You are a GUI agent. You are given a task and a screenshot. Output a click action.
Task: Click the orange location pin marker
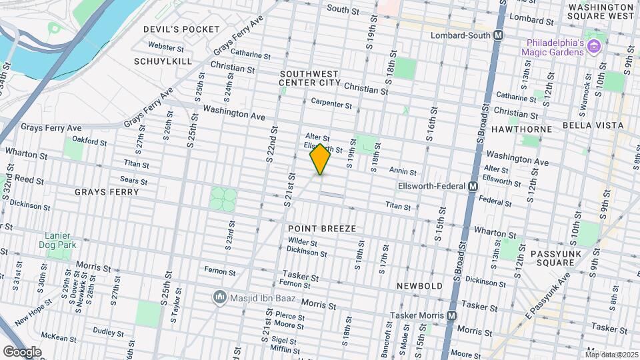320,159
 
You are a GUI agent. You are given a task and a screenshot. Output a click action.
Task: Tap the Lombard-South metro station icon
498,35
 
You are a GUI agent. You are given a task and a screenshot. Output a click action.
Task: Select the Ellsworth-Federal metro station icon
471,187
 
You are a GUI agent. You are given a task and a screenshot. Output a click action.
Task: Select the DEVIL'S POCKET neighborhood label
181,29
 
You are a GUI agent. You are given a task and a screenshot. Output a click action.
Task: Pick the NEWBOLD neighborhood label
420,285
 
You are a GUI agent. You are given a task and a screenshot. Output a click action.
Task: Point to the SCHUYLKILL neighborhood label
163,61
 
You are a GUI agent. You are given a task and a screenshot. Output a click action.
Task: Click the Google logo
22,351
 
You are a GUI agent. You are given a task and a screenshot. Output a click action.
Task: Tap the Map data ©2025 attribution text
611,355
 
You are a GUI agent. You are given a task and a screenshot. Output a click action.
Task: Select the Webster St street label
166,47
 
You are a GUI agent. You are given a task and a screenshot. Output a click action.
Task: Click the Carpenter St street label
331,104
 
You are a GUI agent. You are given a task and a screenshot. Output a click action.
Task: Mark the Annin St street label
403,171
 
